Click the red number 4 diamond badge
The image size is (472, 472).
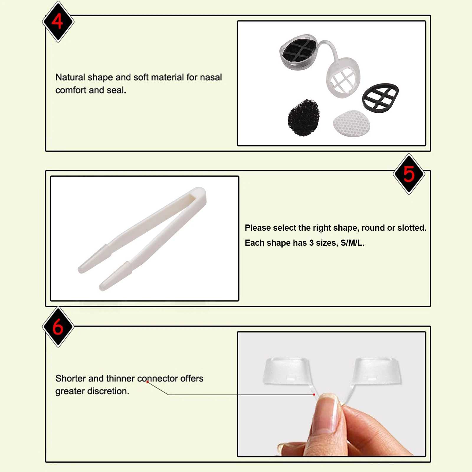click(58, 22)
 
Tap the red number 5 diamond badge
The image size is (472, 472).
click(409, 174)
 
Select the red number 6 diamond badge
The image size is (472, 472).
click(58, 327)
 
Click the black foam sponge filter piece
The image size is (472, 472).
click(304, 118)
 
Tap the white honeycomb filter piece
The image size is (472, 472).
click(351, 124)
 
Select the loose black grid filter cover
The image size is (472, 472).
click(380, 98)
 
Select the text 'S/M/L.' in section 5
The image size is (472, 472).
click(352, 243)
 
